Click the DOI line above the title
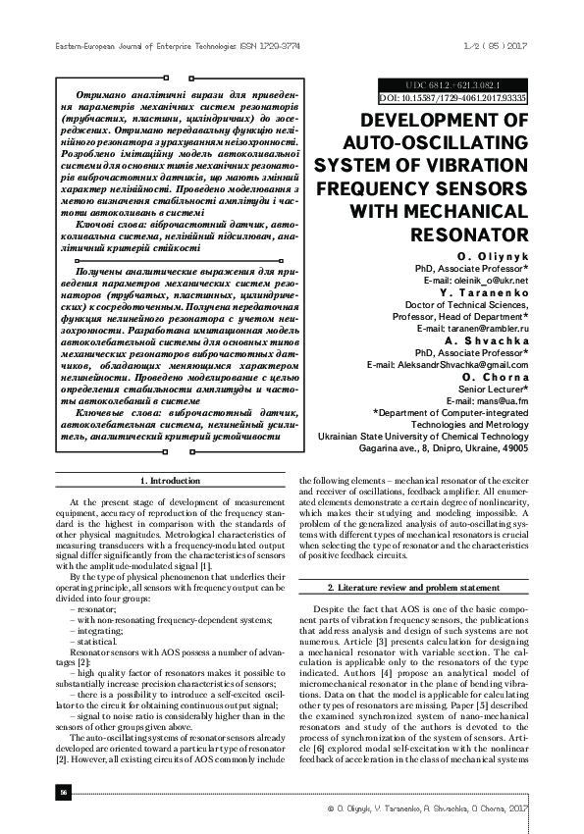[452, 98]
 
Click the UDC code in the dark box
[452, 85]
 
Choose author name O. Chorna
[495, 377]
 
